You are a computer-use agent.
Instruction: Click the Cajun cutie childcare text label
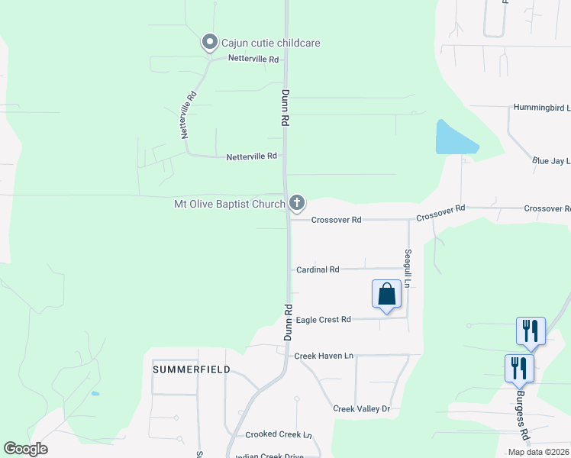pos(270,43)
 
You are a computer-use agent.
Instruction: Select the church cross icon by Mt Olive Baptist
pos(297,203)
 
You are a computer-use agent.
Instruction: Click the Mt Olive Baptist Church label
pos(229,204)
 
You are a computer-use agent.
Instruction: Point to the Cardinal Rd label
pos(318,269)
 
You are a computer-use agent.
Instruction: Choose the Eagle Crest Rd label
pos(323,320)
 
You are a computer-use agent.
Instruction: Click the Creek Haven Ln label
pos(324,356)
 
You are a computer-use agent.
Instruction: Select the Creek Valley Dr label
pos(361,409)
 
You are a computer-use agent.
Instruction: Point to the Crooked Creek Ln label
pos(279,435)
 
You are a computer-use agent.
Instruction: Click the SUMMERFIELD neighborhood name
pos(192,369)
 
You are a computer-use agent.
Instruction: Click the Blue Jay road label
pos(551,161)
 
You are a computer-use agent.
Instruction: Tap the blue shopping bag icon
pos(386,294)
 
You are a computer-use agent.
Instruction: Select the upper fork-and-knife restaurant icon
pos(531,331)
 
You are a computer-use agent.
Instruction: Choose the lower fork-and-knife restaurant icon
pos(519,368)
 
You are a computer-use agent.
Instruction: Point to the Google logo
pos(25,449)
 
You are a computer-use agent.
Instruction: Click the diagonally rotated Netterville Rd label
pos(189,114)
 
